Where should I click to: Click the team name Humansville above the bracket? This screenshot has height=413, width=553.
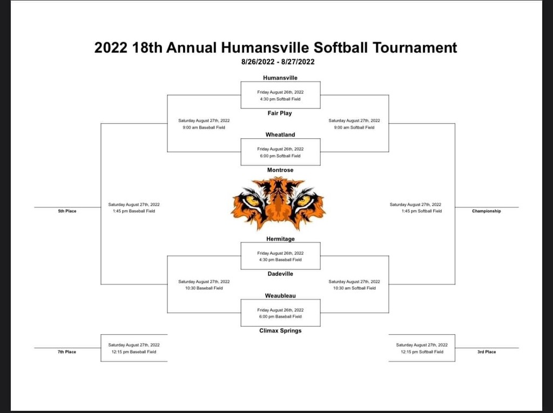click(280, 78)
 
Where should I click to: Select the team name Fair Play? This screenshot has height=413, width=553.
click(280, 113)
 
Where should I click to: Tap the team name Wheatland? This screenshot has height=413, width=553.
click(280, 135)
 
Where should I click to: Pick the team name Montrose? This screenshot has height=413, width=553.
click(280, 170)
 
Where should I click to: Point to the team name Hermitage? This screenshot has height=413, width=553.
click(280, 239)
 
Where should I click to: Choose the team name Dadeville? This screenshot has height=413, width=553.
click(280, 274)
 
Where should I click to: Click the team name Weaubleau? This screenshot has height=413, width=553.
click(280, 295)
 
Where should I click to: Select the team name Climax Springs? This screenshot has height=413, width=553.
click(280, 331)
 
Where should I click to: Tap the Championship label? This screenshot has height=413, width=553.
click(487, 211)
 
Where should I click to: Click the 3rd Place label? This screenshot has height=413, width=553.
click(487, 351)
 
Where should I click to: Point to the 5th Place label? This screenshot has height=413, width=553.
click(67, 211)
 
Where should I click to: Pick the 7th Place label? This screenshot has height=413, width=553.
click(67, 351)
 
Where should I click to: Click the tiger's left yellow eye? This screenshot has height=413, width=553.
click(252, 201)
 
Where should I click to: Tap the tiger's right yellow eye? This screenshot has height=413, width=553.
click(304, 201)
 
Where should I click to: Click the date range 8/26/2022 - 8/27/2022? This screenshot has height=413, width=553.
click(278, 62)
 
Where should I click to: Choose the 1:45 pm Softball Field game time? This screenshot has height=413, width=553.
click(421, 211)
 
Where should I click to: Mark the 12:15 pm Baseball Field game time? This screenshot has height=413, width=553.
click(134, 351)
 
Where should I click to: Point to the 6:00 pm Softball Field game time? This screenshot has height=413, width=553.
click(280, 156)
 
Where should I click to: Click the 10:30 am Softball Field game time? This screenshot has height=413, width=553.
click(354, 288)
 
